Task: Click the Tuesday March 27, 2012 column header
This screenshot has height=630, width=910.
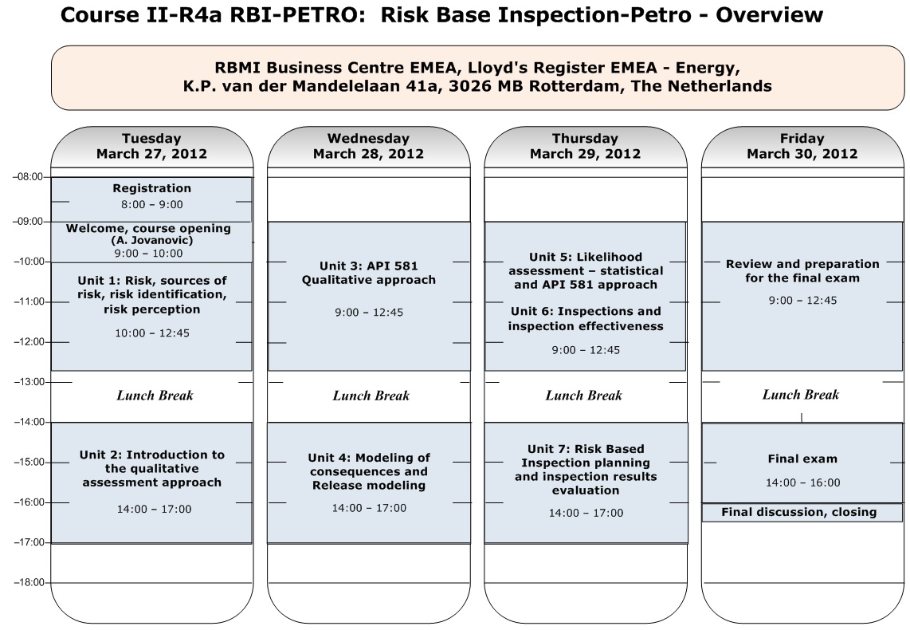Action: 151,146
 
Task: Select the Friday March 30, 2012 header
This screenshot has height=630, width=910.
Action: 802,146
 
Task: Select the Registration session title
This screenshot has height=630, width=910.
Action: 151,188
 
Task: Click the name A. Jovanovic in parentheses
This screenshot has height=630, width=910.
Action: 151,240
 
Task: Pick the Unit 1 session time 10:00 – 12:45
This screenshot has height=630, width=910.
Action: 152,333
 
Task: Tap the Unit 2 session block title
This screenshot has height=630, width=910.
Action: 152,469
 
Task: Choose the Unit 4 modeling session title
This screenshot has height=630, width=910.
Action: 368,471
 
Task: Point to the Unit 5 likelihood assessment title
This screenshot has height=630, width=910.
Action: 586,270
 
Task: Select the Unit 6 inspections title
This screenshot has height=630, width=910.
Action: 586,319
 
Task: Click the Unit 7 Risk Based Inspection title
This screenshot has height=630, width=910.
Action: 586,470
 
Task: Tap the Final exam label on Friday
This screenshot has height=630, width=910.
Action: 802,459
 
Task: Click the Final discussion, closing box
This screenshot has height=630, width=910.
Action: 802,513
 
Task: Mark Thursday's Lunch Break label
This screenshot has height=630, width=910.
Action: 584,396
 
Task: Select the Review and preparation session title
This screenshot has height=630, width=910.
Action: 802,271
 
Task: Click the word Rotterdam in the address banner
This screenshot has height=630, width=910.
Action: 569,86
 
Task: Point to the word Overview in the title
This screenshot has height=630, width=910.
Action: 769,14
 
